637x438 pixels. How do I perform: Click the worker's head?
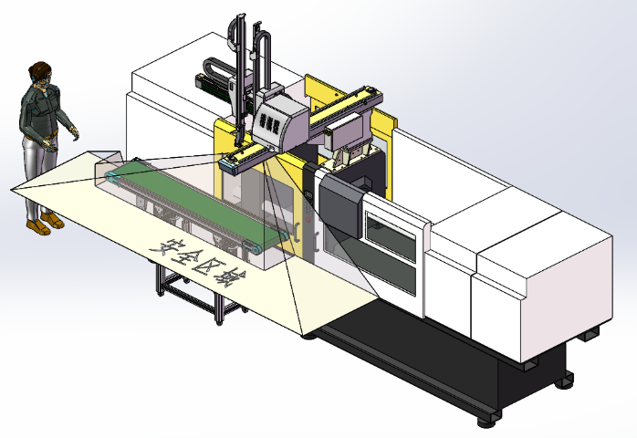click(41, 74)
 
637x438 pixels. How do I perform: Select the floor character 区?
click(208, 267)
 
